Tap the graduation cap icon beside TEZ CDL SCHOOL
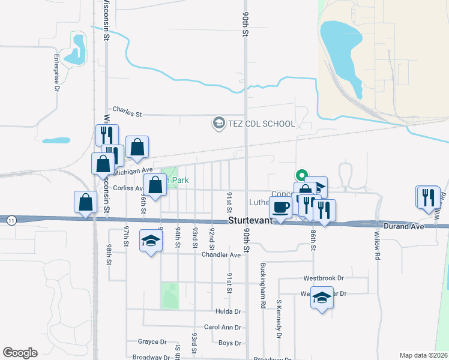coord(218,124)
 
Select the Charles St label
coord(127,112)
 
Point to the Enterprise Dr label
coord(56,73)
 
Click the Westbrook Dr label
coord(323,278)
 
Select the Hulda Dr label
coord(228,312)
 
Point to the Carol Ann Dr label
coord(222,328)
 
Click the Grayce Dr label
coord(152,342)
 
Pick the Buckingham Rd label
coord(263,285)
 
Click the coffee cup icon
coord(280,208)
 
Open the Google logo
coord(20,352)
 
